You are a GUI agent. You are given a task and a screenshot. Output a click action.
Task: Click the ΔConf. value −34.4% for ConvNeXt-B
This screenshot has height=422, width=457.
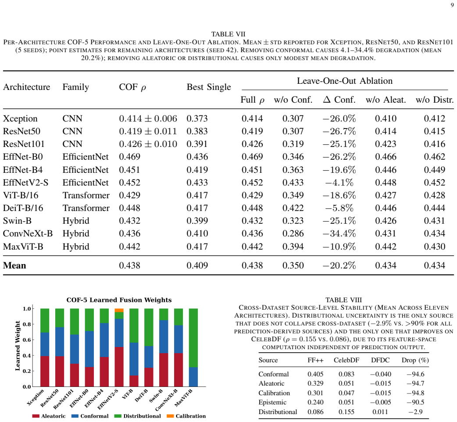(339, 233)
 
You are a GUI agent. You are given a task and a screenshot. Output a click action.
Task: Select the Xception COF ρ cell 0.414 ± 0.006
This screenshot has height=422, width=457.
(148, 118)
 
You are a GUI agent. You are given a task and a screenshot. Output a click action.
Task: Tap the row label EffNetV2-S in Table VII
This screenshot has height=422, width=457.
(25, 182)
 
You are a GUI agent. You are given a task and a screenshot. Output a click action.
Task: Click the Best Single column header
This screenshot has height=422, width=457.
(209, 87)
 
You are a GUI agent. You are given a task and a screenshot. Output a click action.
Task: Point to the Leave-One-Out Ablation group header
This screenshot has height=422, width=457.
(345, 81)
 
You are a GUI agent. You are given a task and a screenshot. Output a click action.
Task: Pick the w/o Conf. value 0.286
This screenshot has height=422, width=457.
(293, 233)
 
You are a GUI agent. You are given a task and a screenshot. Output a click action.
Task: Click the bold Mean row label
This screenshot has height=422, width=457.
(14, 265)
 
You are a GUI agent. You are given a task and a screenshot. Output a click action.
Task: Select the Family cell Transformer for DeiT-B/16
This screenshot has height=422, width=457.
(86, 208)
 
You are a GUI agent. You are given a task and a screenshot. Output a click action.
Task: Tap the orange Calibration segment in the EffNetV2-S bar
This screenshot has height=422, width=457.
(119, 310)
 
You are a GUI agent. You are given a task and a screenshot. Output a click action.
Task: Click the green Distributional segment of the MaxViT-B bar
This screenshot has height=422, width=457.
(193, 338)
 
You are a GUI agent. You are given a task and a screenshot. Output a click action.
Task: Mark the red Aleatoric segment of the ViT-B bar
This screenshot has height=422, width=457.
(134, 381)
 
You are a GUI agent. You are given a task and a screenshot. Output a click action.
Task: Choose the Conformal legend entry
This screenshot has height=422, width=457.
(90, 416)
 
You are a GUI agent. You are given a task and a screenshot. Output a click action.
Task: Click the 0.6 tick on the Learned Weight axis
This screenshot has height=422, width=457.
(27, 340)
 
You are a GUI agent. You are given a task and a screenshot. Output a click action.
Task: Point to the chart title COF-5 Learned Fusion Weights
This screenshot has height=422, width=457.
(119, 300)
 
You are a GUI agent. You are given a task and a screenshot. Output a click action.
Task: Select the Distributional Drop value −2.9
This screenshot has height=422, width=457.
(416, 412)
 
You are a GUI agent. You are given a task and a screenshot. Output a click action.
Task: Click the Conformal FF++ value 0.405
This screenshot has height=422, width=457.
(315, 374)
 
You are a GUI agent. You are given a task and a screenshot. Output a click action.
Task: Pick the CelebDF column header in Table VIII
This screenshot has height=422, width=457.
(346, 360)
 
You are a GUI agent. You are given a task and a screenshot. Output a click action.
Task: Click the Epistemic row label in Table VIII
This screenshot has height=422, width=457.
(272, 402)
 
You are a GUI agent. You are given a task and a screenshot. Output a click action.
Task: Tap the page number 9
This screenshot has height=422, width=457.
(452, 5)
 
